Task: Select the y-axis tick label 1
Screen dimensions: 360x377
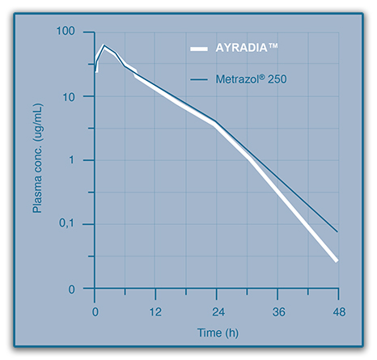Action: click(x=83, y=160)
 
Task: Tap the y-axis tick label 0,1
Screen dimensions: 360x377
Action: click(x=78, y=224)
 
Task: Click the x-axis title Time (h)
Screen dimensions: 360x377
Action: click(x=217, y=332)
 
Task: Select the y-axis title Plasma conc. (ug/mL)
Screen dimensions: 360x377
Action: click(x=37, y=162)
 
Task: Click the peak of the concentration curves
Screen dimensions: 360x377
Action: click(x=104, y=45)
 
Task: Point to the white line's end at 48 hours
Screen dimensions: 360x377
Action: click(x=336, y=260)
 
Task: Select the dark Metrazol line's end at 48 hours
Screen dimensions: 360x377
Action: click(x=337, y=231)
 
